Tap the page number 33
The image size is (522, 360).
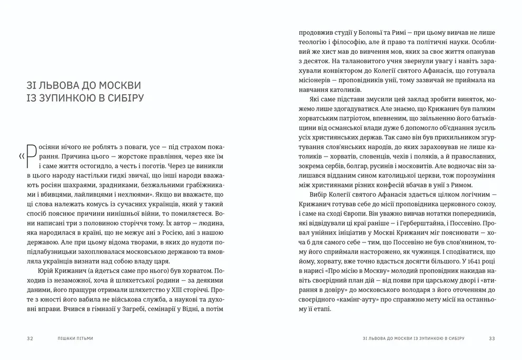(492, 338)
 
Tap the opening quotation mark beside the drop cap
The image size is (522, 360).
(22, 155)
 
